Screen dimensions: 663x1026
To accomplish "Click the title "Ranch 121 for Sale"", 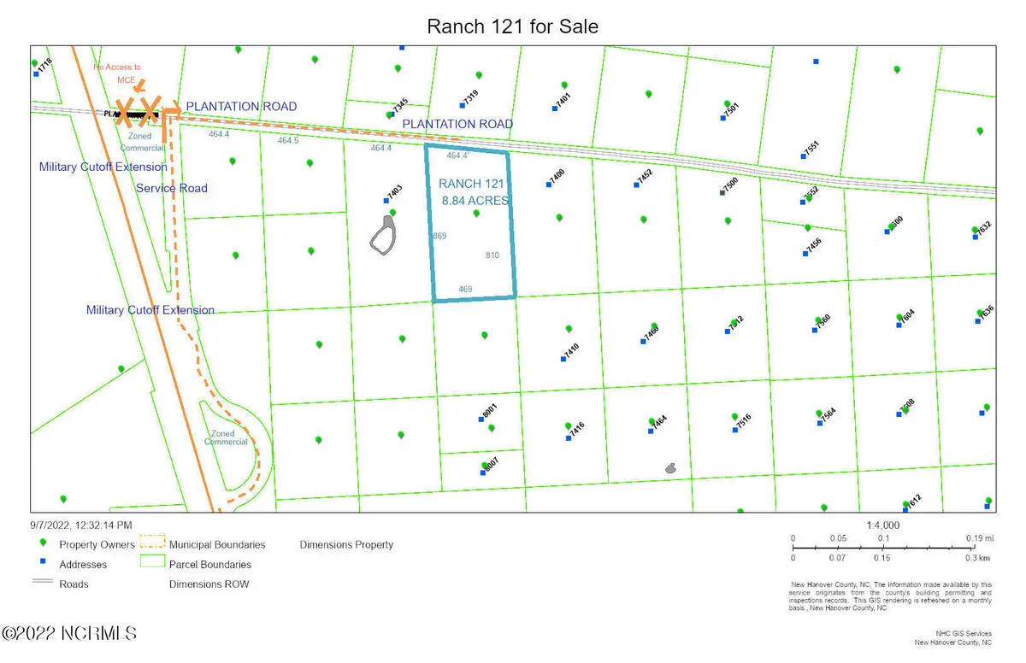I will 513,27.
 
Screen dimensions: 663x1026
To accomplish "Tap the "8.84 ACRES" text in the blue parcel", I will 475,201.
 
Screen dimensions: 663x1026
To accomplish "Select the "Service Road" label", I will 172,188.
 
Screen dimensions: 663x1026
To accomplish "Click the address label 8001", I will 489,411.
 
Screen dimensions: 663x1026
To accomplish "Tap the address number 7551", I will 811,147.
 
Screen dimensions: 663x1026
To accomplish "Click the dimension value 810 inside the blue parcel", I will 492,255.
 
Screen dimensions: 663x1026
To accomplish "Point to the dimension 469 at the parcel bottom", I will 465,290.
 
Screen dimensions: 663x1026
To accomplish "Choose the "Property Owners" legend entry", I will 97,545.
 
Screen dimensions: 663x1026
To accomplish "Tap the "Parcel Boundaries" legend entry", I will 210,564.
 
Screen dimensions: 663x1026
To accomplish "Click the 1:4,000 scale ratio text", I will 882,525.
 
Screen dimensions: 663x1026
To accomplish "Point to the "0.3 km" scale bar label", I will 977,558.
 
